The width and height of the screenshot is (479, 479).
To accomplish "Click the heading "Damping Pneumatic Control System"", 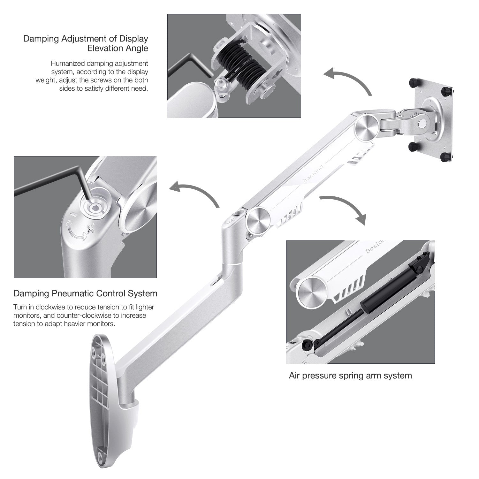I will [85, 293].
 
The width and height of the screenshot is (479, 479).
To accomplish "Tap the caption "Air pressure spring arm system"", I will [350, 376].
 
